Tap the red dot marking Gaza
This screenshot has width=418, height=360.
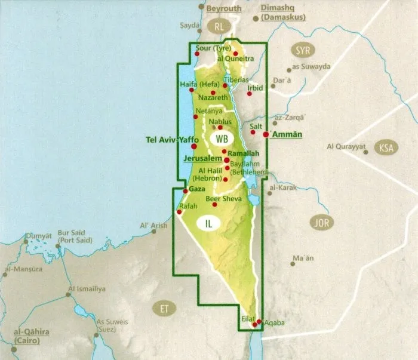(186, 191)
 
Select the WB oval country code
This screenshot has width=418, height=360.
(222, 140)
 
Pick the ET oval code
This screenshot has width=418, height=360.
(163, 309)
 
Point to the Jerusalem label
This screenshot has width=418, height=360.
(201, 159)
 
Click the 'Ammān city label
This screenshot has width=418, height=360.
(286, 135)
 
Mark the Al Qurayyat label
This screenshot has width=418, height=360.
(346, 146)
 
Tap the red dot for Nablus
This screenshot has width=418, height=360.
(220, 127)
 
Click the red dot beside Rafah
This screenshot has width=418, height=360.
(179, 212)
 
